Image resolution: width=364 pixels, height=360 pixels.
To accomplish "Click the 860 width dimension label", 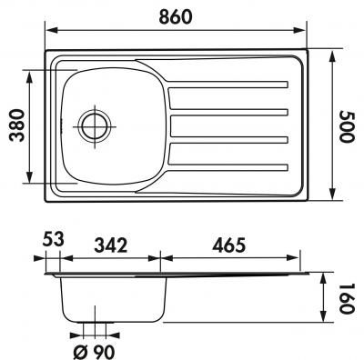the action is [x=176, y=16].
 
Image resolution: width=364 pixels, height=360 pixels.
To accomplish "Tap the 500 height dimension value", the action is [x=347, y=126].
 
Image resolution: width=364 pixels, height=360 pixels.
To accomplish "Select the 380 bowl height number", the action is [x=16, y=125].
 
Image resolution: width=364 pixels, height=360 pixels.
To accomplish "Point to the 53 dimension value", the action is [x=54, y=239].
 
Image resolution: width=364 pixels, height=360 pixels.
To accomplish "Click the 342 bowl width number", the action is [x=111, y=245].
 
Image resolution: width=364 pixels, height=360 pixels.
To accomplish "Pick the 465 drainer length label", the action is [x=228, y=245].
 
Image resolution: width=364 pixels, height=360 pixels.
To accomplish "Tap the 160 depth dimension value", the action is [x=347, y=298].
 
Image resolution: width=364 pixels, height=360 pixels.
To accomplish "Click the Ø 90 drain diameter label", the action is [x=94, y=352].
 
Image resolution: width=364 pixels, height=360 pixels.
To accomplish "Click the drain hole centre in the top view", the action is [x=95, y=126].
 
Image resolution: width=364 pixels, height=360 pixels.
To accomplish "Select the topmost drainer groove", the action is [x=227, y=85].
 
